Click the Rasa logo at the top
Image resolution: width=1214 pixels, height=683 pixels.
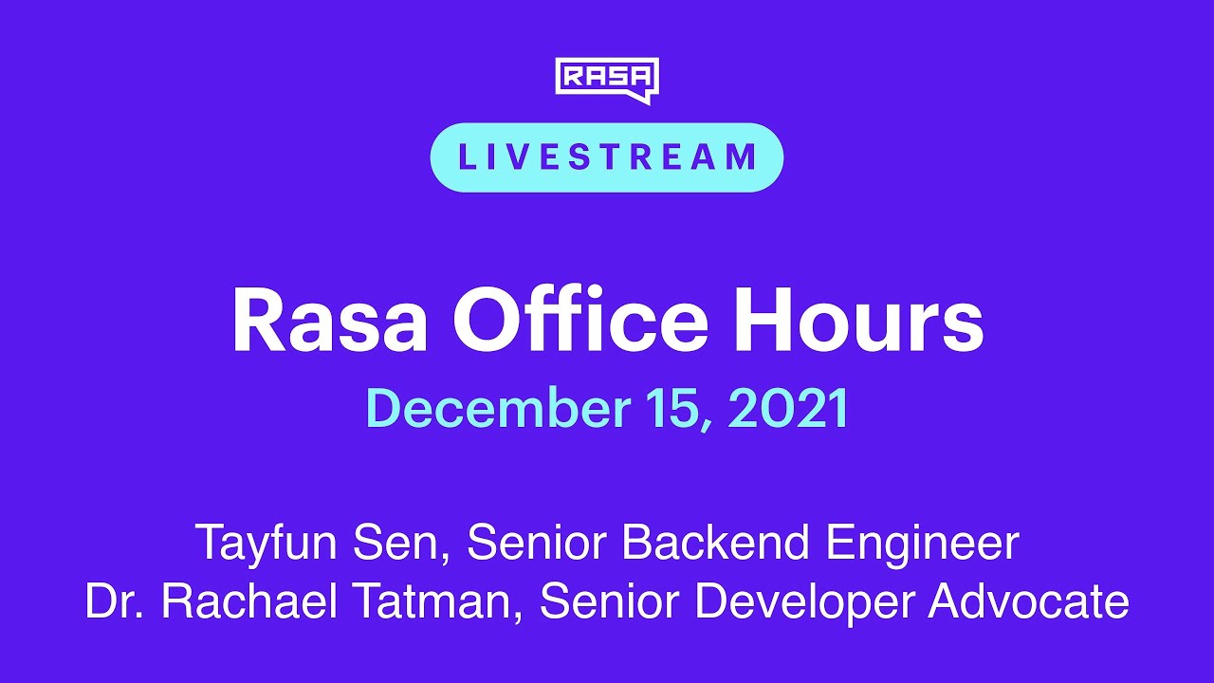tap(607, 79)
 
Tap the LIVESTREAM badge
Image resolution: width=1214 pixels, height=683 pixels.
tap(607, 157)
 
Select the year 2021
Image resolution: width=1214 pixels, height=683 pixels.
tap(789, 409)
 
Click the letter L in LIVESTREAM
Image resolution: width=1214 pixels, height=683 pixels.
tap(466, 157)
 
